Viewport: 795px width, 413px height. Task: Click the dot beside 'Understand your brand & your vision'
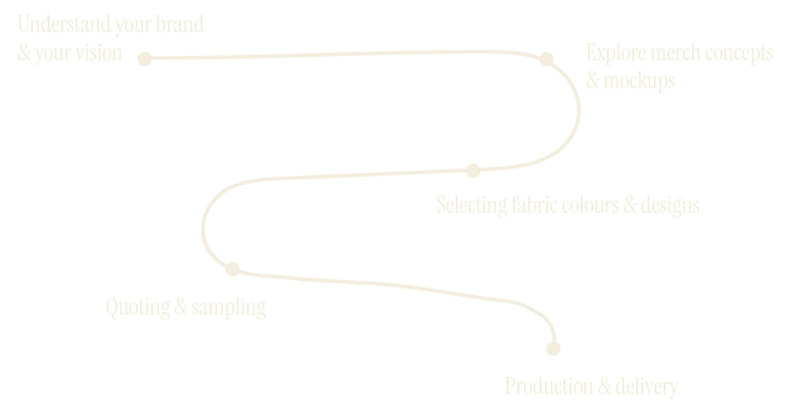[x=145, y=59]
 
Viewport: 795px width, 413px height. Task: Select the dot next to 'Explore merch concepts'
[x=546, y=59]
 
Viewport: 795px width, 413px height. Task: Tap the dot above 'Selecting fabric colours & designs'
[x=473, y=171]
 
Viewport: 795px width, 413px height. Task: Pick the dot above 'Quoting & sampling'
[x=232, y=269]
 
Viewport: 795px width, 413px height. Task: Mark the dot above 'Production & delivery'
[x=553, y=349]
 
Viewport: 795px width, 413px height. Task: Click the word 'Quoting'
[x=138, y=308]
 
